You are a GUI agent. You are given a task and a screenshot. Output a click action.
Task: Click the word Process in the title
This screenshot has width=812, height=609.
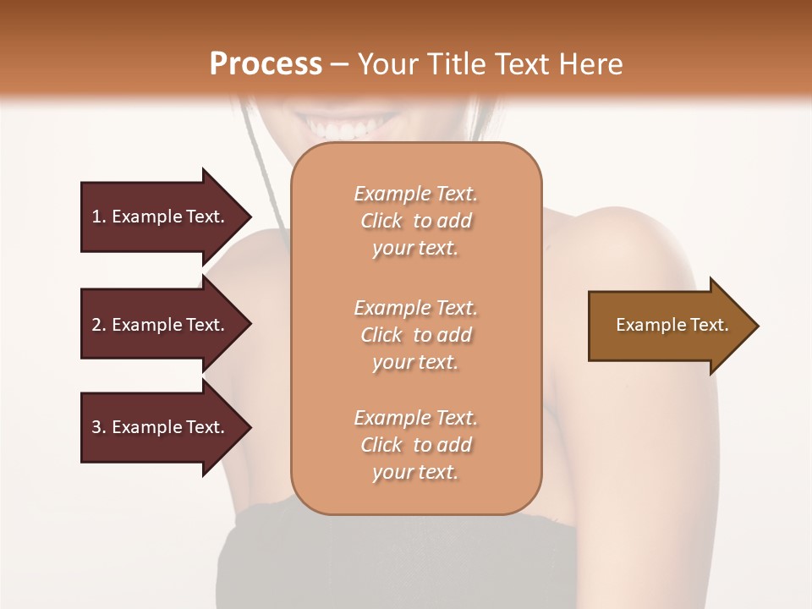(x=266, y=63)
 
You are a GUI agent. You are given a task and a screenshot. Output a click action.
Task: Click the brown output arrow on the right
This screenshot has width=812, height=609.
(x=668, y=326)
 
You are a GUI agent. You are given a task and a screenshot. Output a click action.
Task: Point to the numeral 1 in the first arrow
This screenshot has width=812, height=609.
(x=96, y=217)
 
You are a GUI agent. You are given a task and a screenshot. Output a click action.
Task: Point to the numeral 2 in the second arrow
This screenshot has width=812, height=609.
(x=96, y=325)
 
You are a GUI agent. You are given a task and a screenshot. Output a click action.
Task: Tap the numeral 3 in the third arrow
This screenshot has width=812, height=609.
(x=96, y=427)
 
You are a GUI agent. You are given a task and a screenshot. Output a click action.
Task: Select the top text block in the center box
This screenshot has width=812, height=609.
(x=415, y=221)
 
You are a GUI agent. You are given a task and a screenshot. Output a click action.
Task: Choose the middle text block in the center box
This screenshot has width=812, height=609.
(x=415, y=335)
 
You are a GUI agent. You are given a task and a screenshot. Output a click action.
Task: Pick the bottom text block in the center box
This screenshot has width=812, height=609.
(x=415, y=445)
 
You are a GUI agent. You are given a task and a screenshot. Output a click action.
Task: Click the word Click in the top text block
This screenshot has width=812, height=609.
(x=381, y=221)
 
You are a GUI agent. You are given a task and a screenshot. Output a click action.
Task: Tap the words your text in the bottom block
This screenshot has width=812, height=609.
(x=415, y=473)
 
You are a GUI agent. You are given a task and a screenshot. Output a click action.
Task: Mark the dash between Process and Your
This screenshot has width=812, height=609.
(x=340, y=64)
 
